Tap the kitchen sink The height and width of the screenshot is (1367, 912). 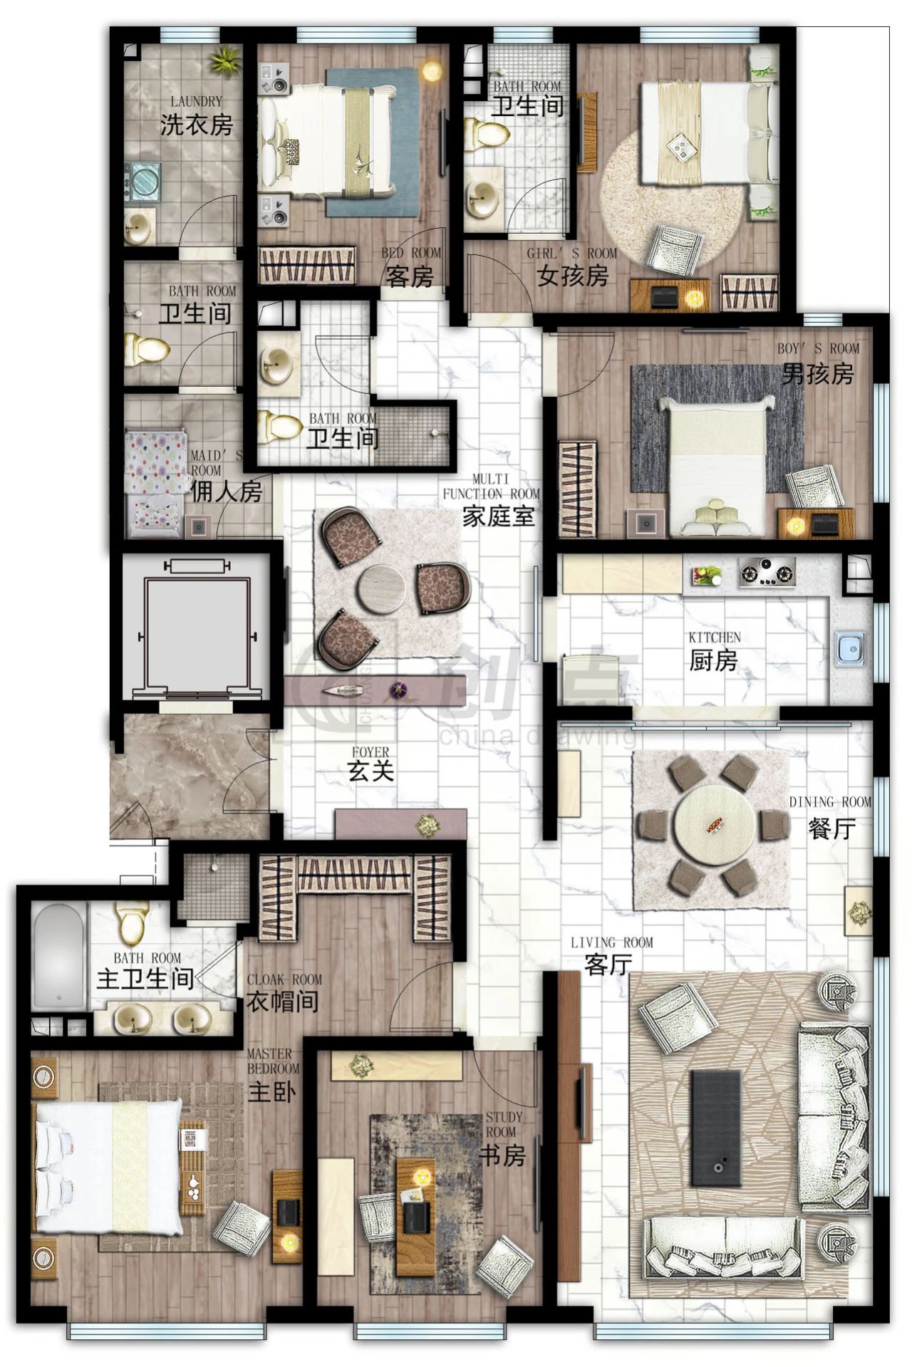point(850,648)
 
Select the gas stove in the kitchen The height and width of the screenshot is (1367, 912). point(766,572)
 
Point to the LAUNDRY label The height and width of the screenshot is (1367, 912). point(196,102)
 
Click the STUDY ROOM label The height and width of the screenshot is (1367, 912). point(504,1124)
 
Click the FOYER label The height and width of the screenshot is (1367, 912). point(370,752)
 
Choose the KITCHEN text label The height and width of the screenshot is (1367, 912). point(714,637)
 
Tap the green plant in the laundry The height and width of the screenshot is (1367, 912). point(224,61)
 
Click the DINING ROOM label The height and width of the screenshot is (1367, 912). point(830,802)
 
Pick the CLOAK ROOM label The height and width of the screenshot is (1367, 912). point(284,979)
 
